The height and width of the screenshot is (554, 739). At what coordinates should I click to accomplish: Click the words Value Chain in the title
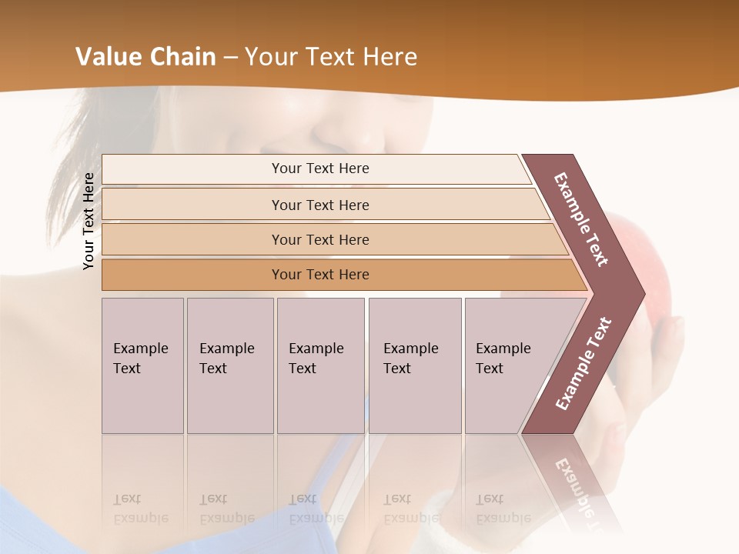(x=145, y=57)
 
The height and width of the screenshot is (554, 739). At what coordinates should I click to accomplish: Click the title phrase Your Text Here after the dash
(x=331, y=57)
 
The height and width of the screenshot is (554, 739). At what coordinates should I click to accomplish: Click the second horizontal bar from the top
(x=319, y=205)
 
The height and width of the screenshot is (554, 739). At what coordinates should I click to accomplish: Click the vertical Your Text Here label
(x=89, y=221)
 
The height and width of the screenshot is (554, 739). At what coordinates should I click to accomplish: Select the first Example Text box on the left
(x=142, y=365)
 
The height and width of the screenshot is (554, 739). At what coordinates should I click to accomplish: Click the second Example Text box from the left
(x=229, y=365)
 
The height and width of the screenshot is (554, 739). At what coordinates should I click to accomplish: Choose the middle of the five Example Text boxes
(x=319, y=365)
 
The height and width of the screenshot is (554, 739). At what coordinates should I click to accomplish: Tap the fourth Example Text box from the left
(x=414, y=365)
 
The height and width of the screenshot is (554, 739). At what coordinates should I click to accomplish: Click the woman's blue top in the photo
(x=154, y=531)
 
